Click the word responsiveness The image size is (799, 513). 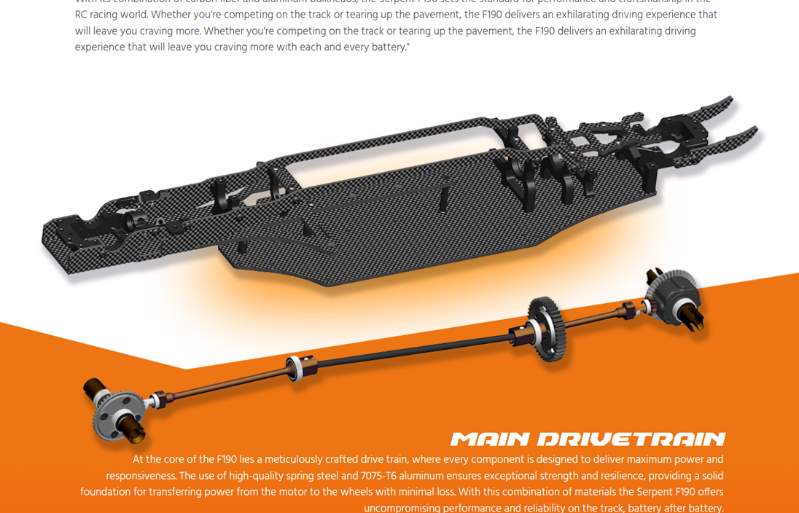click(140, 476)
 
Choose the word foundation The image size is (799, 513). click(108, 492)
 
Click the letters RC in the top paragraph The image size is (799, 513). click(81, 15)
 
